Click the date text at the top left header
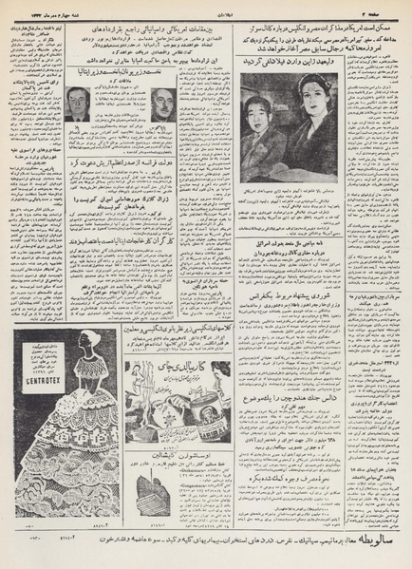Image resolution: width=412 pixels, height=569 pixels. pos(37,9)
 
